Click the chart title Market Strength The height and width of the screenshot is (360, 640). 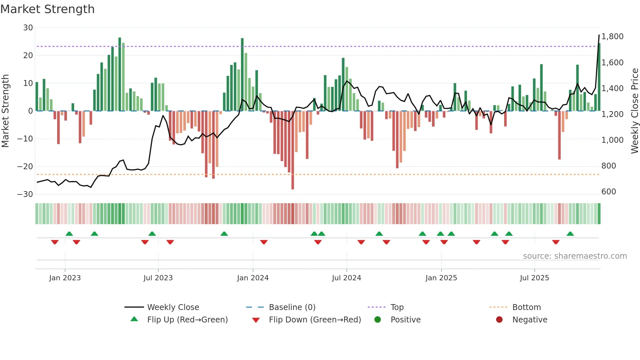[47, 9]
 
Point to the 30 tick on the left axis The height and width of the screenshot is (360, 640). [28, 28]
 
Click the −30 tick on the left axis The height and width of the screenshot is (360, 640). [25, 194]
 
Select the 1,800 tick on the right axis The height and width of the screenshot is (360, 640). [612, 37]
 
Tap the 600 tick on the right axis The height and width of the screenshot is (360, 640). [609, 192]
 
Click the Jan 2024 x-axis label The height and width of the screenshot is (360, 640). [253, 278]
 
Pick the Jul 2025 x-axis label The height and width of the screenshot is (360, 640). [534, 278]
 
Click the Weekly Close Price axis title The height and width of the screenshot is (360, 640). [634, 111]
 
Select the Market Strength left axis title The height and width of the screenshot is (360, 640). [5, 111]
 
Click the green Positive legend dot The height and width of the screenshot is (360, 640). [378, 320]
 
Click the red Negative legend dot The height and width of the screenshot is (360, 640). [499, 320]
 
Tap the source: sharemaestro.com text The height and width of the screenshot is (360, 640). [575, 256]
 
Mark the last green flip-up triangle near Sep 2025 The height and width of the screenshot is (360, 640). [570, 234]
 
